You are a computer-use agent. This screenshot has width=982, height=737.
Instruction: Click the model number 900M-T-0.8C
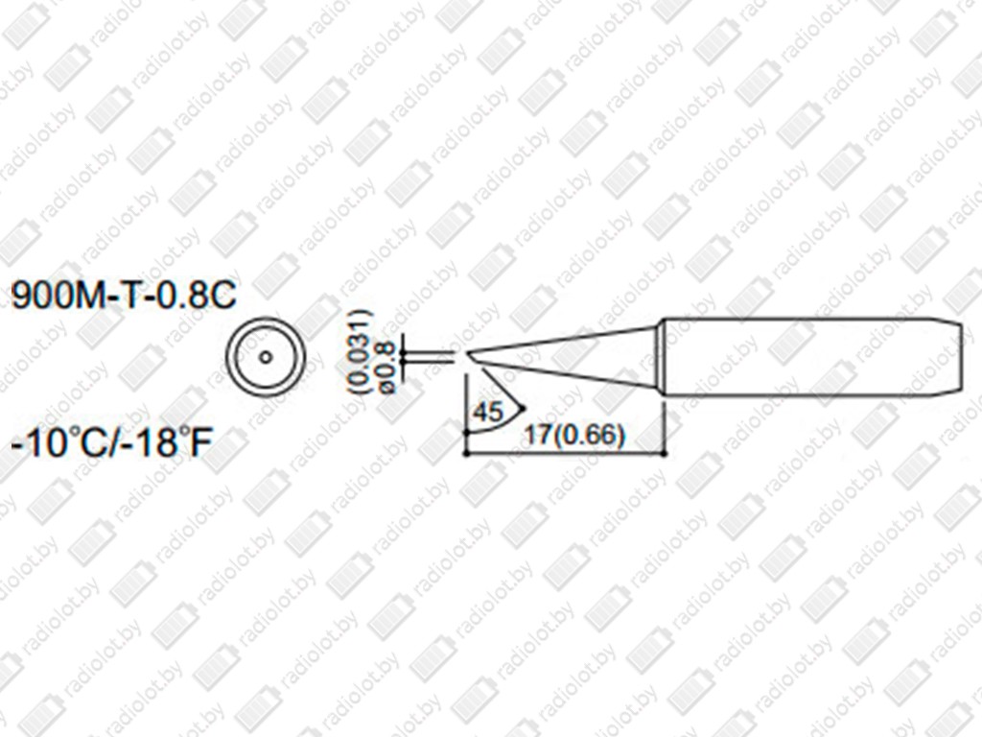124,296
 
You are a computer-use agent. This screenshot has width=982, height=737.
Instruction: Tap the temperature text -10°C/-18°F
111,440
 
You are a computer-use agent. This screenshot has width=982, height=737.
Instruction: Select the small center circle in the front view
266,357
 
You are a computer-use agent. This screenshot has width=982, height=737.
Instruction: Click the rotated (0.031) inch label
362,351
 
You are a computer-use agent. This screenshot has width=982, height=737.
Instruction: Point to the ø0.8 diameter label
386,368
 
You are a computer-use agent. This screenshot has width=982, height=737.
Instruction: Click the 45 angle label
488,412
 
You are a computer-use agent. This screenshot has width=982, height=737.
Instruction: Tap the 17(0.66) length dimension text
575,435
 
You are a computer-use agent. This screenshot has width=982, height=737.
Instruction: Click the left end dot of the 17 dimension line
466,452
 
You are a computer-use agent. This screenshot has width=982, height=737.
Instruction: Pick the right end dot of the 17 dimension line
665,452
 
